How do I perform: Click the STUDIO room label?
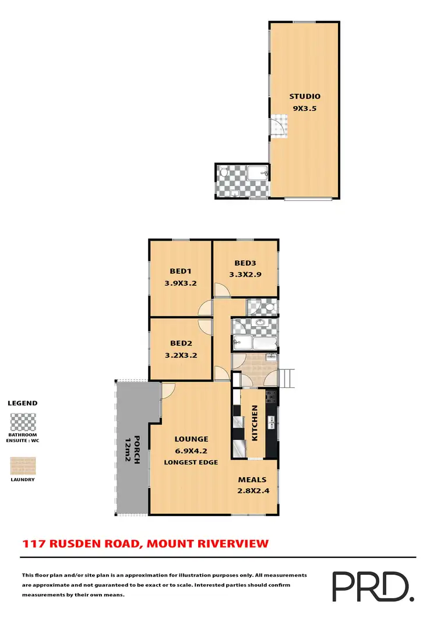coord(305,97)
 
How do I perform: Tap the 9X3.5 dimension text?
coord(305,108)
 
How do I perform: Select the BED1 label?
coord(181,271)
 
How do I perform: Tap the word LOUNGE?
coord(192,439)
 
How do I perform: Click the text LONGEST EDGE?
coord(192,462)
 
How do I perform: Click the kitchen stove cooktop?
coord(271,398)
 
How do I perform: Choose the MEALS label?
coord(252,480)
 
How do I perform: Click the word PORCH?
coord(138,449)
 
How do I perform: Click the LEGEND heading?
coord(22,403)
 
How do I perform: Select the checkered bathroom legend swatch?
coord(23,421)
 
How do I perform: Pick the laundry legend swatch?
coord(23,465)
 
